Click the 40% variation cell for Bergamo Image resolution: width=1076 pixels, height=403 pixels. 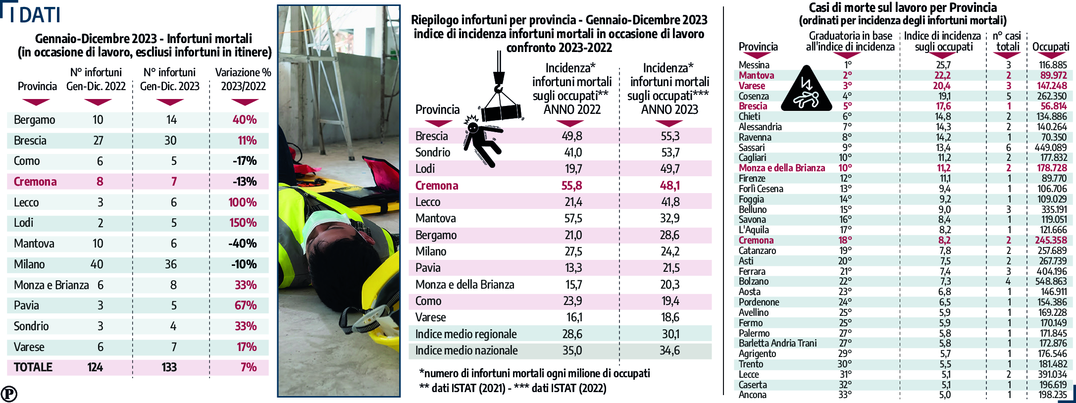(x=245, y=120)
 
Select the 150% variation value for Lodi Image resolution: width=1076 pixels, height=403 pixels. (x=243, y=223)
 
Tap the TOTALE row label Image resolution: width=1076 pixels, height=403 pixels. (x=33, y=367)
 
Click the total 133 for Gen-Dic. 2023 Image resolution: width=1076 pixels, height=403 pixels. (x=169, y=367)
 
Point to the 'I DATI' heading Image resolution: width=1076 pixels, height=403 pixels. (x=35, y=15)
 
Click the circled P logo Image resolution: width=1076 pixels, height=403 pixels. (x=9, y=394)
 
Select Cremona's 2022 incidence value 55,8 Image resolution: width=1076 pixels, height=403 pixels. (x=571, y=186)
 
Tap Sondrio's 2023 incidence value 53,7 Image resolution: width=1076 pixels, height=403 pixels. (x=670, y=152)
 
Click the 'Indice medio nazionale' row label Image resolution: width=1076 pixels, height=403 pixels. (x=466, y=351)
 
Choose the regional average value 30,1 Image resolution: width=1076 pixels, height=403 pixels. (x=670, y=334)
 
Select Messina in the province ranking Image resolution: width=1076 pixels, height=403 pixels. (x=754, y=65)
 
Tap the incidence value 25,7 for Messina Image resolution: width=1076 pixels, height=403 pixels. (x=943, y=65)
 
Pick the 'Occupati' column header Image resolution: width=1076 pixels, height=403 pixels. (x=1051, y=47)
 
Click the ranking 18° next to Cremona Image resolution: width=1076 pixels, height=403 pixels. (x=845, y=240)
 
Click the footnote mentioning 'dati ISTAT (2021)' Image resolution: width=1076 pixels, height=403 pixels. (x=512, y=388)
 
